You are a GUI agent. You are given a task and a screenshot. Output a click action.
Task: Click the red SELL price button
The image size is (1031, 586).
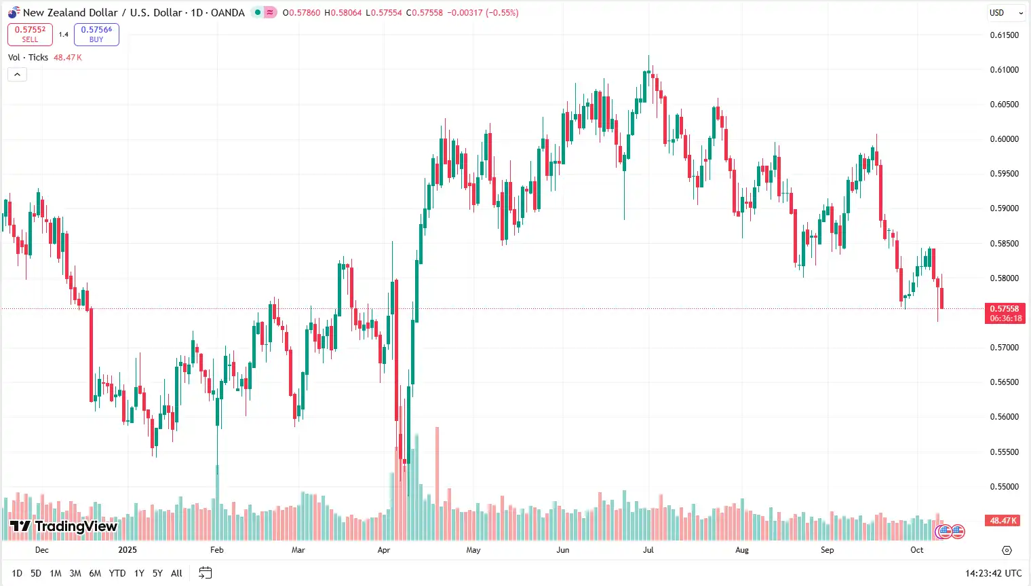pos(30,34)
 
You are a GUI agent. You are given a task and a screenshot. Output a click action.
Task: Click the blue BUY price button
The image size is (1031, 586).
pos(96,34)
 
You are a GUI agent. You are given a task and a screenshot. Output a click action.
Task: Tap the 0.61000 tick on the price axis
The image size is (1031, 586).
pos(1004,70)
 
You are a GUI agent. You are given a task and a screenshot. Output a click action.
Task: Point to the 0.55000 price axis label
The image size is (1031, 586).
pos(1004,487)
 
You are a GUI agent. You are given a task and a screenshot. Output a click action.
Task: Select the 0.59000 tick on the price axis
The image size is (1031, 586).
pos(1004,208)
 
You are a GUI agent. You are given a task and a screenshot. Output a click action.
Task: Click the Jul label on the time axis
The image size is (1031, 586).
pos(648,550)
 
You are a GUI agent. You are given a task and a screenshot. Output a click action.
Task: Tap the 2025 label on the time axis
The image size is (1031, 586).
pos(128,550)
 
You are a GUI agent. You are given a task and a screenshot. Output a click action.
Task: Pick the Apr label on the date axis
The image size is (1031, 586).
pos(384,550)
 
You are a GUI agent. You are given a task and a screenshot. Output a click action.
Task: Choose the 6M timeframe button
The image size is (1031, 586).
pos(95,573)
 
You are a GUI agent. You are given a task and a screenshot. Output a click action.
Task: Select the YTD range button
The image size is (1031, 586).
pos(117,573)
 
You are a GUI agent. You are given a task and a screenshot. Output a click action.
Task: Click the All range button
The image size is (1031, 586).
pos(176,573)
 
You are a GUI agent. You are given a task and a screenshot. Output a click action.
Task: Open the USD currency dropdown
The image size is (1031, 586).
pos(1006,12)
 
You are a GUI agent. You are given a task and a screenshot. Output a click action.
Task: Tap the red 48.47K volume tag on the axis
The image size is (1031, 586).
pos(1003,521)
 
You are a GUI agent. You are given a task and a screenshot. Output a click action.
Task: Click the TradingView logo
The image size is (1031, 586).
pos(64,526)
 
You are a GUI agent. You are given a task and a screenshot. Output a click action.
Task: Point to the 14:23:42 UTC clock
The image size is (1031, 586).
pos(993,573)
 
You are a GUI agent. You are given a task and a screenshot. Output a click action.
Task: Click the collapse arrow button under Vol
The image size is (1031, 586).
pos(17,74)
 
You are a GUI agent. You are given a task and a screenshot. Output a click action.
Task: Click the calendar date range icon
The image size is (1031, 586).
pos(205,573)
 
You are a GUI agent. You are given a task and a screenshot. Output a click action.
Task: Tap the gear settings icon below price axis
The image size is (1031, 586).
pos(1007,550)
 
